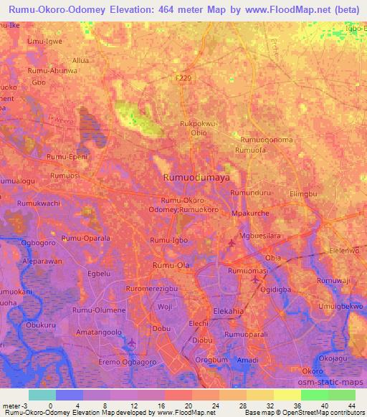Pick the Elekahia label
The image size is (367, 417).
231,311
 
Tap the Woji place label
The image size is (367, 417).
166,306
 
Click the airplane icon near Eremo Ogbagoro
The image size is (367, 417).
130,345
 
